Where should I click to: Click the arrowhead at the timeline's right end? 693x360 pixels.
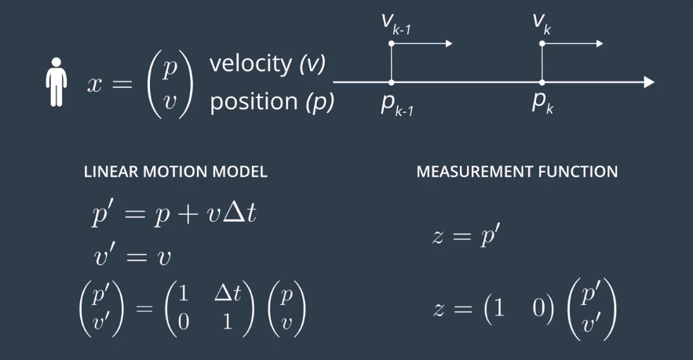[x=647, y=82]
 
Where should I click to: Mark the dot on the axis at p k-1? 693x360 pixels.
[x=392, y=82]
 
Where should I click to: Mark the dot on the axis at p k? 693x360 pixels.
[x=542, y=82]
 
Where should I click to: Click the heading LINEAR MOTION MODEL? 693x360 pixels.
[x=175, y=172]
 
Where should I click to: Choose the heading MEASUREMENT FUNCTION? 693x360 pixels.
[x=516, y=172]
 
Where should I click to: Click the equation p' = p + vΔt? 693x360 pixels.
[x=173, y=213]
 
